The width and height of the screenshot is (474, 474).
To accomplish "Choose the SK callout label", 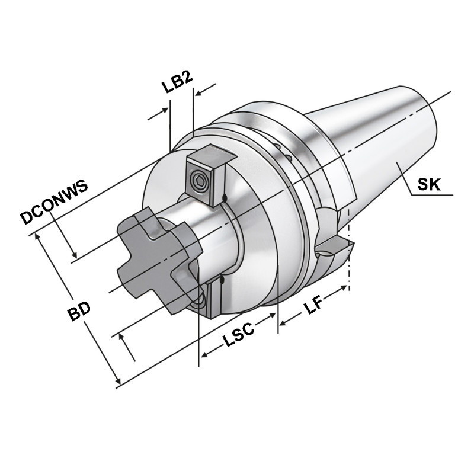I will click(x=428, y=184).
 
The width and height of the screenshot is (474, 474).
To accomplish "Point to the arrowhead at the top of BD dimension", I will click(x=40, y=237).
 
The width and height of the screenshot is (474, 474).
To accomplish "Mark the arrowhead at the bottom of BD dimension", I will click(x=117, y=381).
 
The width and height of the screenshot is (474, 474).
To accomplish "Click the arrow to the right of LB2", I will click(x=201, y=92).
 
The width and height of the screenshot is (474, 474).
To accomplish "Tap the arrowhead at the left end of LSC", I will click(x=204, y=355).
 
